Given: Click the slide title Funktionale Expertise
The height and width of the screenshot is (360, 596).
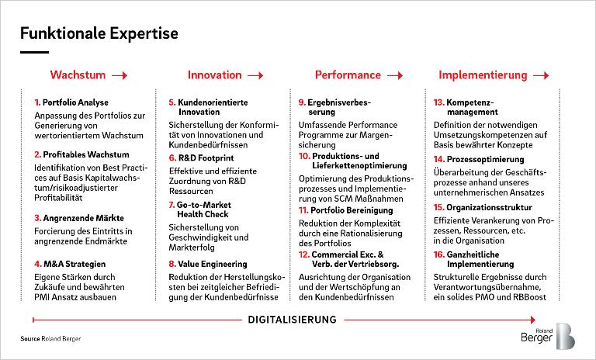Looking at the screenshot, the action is click(x=99, y=33).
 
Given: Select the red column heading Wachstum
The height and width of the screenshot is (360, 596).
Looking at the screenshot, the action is click(x=78, y=74).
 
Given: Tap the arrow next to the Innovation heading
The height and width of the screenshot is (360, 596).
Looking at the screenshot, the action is click(x=255, y=76).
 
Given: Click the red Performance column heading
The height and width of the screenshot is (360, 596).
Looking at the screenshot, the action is click(x=348, y=75).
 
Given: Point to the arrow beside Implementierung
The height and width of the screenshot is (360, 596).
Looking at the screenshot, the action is click(x=541, y=76).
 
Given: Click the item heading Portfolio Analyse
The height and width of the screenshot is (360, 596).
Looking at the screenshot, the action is click(x=75, y=102).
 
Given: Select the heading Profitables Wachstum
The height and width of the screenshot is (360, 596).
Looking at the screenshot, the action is click(x=86, y=154).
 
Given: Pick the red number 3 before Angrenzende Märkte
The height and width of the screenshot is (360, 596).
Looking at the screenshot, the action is click(x=37, y=218).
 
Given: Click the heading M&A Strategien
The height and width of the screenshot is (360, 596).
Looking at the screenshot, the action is click(x=74, y=264).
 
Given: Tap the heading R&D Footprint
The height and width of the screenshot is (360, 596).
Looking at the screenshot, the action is click(x=206, y=157).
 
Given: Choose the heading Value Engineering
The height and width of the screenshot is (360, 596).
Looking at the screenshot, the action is click(x=213, y=264).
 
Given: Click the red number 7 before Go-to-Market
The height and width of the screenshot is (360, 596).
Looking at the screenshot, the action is click(x=172, y=205).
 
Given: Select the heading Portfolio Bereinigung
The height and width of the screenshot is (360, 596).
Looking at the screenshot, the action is click(x=352, y=210).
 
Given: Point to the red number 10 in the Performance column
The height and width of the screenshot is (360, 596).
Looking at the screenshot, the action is click(x=304, y=156).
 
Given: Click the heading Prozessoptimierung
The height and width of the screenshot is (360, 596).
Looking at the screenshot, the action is click(x=485, y=159).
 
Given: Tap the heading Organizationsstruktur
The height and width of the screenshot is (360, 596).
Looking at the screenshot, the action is click(x=489, y=208).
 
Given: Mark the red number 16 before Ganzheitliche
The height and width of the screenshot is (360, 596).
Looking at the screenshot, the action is click(x=438, y=254).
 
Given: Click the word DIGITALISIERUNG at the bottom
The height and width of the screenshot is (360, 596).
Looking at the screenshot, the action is click(x=292, y=320).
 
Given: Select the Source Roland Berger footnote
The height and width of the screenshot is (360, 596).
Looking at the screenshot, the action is click(x=50, y=338).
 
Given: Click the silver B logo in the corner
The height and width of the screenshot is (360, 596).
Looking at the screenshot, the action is click(x=566, y=336).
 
